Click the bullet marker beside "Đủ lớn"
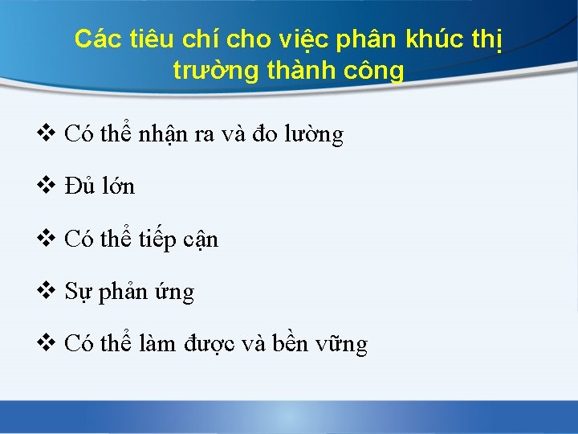click(47, 186)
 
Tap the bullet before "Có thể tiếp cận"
click(47, 239)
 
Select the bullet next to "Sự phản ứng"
click(47, 291)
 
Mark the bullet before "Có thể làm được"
click(47, 344)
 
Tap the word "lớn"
click(117, 186)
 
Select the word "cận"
click(197, 240)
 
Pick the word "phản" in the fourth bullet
click(128, 293)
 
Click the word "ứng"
click(176, 293)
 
